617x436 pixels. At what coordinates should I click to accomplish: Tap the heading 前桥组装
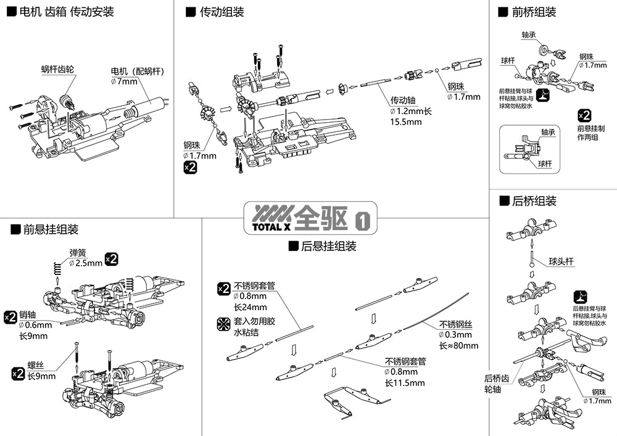[x=534, y=12]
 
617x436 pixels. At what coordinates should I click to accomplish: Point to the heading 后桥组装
[x=534, y=200]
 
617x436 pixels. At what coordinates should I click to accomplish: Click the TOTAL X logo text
[x=271, y=226]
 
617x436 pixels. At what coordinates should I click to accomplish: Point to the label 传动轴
[x=405, y=100]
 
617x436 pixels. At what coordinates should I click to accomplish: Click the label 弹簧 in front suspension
[x=78, y=252]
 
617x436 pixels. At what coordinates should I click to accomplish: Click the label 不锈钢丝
[x=455, y=324]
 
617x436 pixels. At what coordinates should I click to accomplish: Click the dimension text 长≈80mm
[x=458, y=345]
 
